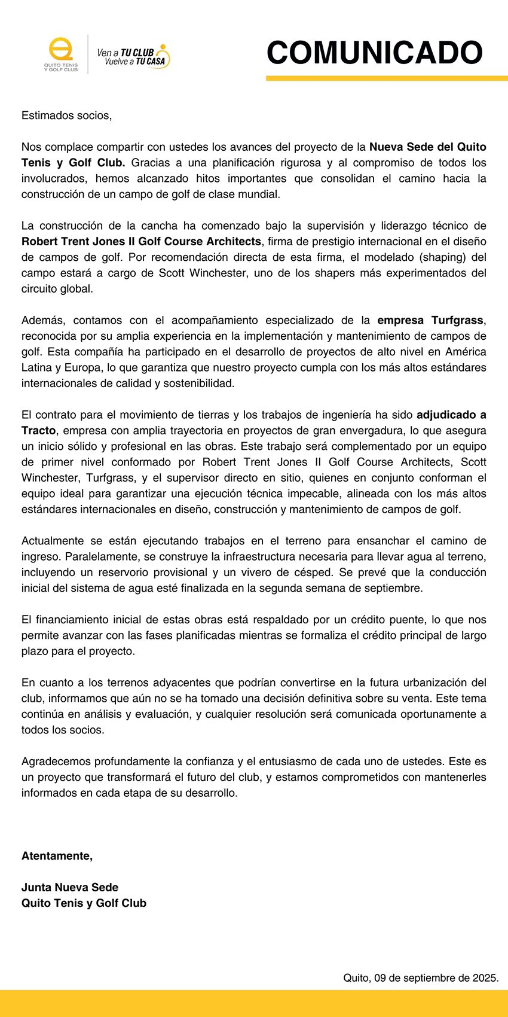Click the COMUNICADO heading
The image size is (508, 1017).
(x=374, y=53)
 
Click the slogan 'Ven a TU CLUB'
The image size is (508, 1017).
(x=126, y=53)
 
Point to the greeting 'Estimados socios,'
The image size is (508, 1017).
(x=66, y=115)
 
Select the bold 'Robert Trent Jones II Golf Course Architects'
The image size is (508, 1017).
(x=141, y=242)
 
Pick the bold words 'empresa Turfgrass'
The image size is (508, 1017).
(x=430, y=320)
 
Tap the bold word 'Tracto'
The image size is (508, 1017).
(x=39, y=431)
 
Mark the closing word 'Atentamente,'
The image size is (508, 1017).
(x=57, y=856)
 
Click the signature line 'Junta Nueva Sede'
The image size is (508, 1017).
(x=70, y=888)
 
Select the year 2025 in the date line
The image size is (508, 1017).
(x=485, y=978)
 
